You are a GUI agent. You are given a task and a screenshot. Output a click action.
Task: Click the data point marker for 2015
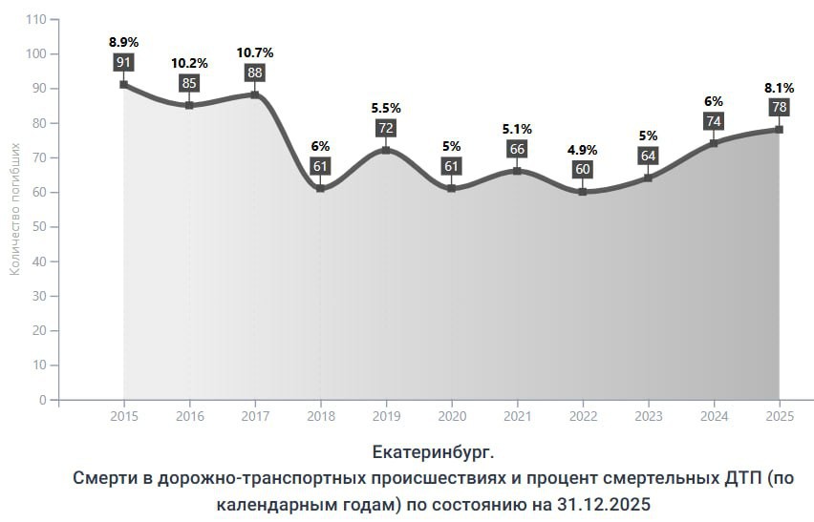pos(123,85)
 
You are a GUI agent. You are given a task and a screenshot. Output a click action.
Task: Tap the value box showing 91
pos(123,63)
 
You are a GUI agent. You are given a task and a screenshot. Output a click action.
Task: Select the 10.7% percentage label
pos(255,52)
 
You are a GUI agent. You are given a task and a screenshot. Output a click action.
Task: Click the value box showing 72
pos(386,128)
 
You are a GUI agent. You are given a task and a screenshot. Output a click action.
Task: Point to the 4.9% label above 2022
pos(583,151)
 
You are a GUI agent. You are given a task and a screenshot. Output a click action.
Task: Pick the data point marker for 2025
pos(780,130)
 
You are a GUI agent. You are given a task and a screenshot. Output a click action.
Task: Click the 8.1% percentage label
pos(780,88)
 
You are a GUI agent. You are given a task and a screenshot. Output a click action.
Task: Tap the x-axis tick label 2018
pos(321,416)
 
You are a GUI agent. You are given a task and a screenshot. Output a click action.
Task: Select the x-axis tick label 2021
pos(518,416)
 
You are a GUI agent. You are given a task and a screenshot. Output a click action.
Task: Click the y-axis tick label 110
pos(35,20)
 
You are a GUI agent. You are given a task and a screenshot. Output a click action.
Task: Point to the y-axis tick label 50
pos(39,227)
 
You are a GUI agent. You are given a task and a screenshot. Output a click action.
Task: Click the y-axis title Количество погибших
pos(14,209)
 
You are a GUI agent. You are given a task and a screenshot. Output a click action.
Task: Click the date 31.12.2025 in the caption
pos(604,504)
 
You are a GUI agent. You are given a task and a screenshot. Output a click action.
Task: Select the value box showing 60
pos(583,170)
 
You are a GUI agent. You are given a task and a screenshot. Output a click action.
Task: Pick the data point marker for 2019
pos(386,151)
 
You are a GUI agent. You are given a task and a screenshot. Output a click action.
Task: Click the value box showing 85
pos(189,83)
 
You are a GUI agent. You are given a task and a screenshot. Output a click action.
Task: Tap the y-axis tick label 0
pos(43,400)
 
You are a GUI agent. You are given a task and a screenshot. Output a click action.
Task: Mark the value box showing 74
pos(714,121)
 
